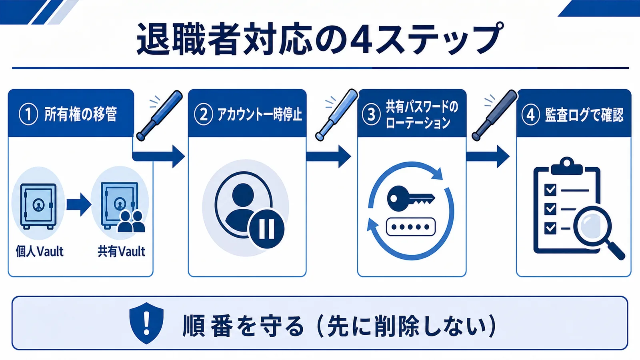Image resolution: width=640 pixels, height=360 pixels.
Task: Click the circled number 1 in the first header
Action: click(x=28, y=114)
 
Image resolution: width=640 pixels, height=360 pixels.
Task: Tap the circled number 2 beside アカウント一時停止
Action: click(x=203, y=114)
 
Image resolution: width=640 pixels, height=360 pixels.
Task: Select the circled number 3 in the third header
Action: click(x=371, y=114)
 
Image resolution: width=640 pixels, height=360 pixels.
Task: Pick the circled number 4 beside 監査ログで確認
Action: click(x=530, y=114)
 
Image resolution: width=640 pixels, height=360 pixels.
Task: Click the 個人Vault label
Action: click(x=40, y=252)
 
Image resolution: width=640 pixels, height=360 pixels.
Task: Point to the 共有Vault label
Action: click(x=122, y=252)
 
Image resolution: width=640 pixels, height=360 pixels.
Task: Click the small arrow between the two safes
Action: click(x=79, y=204)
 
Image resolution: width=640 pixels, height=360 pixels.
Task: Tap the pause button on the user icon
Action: click(x=266, y=229)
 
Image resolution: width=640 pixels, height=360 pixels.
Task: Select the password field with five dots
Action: click(x=410, y=227)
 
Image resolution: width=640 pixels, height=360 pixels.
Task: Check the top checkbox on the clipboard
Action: click(x=550, y=190)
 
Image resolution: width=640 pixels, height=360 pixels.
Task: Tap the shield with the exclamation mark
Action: click(x=146, y=323)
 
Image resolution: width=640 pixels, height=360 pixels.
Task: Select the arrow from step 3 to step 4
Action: click(x=488, y=156)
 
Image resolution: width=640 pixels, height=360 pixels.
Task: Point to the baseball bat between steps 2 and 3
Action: click(x=336, y=115)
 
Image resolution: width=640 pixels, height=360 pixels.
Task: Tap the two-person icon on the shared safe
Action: click(x=131, y=221)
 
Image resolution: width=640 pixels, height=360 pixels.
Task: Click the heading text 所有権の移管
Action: click(x=80, y=114)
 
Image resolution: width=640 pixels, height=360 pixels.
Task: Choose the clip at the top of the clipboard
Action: click(x=566, y=166)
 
